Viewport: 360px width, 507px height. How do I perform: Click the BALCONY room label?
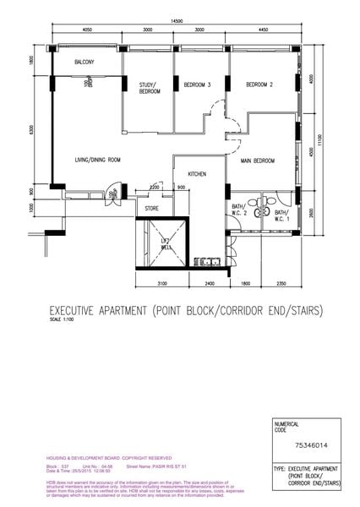(x=84, y=63)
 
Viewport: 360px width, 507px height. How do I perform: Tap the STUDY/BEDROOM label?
(x=150, y=87)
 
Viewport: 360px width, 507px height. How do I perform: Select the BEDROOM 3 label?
(x=197, y=84)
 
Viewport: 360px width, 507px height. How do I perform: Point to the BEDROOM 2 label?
(x=259, y=84)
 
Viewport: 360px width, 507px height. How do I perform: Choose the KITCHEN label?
(x=197, y=173)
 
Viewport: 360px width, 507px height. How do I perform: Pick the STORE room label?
(x=151, y=207)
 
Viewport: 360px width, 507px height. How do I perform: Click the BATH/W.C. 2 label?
(x=238, y=211)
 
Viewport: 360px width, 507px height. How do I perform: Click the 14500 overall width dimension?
(x=176, y=19)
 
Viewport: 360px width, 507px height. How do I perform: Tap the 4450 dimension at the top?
(x=263, y=30)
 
